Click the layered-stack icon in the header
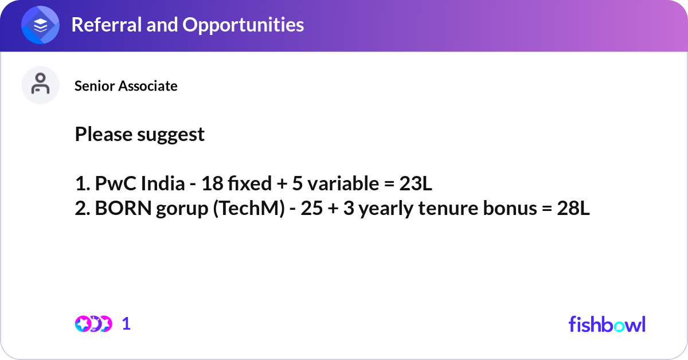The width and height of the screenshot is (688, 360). point(40,25)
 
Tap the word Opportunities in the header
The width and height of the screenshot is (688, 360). point(243,25)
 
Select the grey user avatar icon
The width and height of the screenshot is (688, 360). point(40,85)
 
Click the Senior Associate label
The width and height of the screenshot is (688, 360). point(126,86)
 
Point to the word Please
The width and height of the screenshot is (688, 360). point(104,135)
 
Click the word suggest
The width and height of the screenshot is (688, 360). point(171,135)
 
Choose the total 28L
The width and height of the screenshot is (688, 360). point(573,209)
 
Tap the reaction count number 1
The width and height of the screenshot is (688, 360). point(127,324)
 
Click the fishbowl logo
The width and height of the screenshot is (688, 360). point(607,324)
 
